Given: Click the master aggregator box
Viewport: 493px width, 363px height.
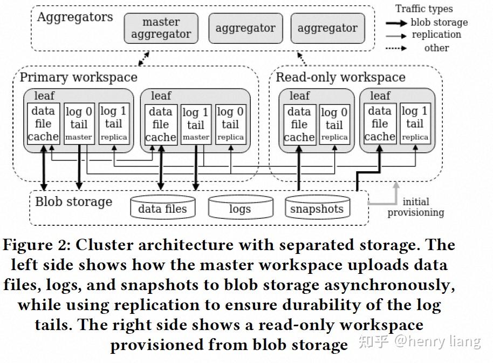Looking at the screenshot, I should (x=161, y=29).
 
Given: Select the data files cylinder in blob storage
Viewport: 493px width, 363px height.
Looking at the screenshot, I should (x=162, y=208).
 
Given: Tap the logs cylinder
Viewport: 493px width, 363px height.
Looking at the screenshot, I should (x=239, y=208).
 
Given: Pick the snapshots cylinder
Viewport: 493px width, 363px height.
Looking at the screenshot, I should (x=317, y=208).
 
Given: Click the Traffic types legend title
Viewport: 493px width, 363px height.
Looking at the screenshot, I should (x=424, y=9).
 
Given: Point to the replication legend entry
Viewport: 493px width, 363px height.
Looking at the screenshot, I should (x=436, y=35).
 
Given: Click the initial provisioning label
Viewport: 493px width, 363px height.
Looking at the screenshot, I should (x=416, y=207).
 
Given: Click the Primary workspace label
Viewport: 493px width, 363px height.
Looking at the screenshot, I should (x=78, y=77).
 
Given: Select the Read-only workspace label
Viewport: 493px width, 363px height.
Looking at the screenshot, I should (x=340, y=77).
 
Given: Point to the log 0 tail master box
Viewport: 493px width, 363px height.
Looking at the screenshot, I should (x=79, y=124).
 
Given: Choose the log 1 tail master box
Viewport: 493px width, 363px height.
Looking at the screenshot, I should (x=195, y=124).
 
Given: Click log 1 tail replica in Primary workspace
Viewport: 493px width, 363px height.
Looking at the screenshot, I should (x=114, y=124).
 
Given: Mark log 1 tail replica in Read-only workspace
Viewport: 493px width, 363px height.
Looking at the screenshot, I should (x=415, y=124).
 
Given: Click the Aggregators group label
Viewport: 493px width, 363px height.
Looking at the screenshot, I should (x=75, y=17).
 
